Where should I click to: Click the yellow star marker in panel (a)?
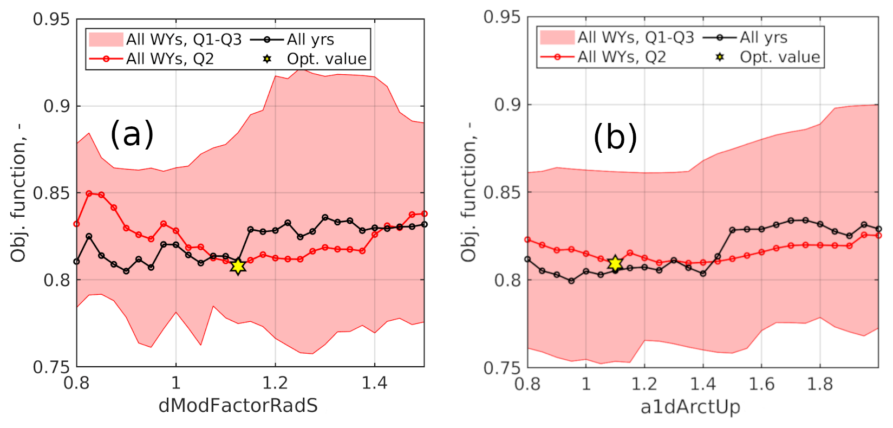pyautogui.click(x=238, y=265)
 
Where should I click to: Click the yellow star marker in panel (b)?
pyautogui.click(x=615, y=264)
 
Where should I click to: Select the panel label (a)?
pyautogui.click(x=132, y=134)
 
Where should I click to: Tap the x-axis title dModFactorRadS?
pyautogui.click(x=238, y=405)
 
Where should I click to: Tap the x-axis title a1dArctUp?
pyautogui.click(x=690, y=406)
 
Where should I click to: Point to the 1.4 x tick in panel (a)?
pyautogui.click(x=374, y=383)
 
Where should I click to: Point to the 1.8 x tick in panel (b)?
pyautogui.click(x=820, y=384)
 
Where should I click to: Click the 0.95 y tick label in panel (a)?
pyautogui.click(x=51, y=20)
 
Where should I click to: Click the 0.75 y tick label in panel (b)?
pyautogui.click(x=501, y=368)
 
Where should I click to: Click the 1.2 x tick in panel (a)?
pyautogui.click(x=275, y=383)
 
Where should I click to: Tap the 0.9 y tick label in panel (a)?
pyautogui.click(x=57, y=106)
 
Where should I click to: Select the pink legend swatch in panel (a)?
pyautogui.click(x=106, y=40)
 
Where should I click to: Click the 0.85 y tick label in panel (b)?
pyautogui.click(x=501, y=192)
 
